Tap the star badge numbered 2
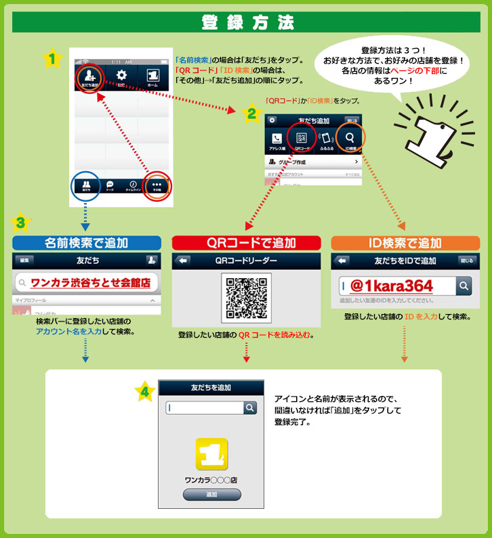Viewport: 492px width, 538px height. click(x=251, y=113)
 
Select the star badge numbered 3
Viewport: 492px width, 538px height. click(x=22, y=222)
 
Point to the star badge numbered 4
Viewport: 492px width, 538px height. click(x=144, y=391)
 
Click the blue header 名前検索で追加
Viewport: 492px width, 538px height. click(x=87, y=243)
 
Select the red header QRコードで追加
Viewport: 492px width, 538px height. click(x=245, y=243)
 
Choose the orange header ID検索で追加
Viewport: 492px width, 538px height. click(x=405, y=243)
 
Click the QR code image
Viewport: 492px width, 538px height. click(x=245, y=297)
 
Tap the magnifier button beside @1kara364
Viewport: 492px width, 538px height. click(x=464, y=286)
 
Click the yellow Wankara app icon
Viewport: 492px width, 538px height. click(x=211, y=455)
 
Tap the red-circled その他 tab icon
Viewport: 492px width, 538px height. click(x=157, y=185)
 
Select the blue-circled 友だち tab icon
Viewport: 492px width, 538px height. click(x=86, y=185)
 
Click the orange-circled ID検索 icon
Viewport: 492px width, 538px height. click(x=350, y=138)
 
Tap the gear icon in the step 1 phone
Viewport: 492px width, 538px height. click(x=122, y=76)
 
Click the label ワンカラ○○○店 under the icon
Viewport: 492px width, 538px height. click(x=211, y=480)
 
